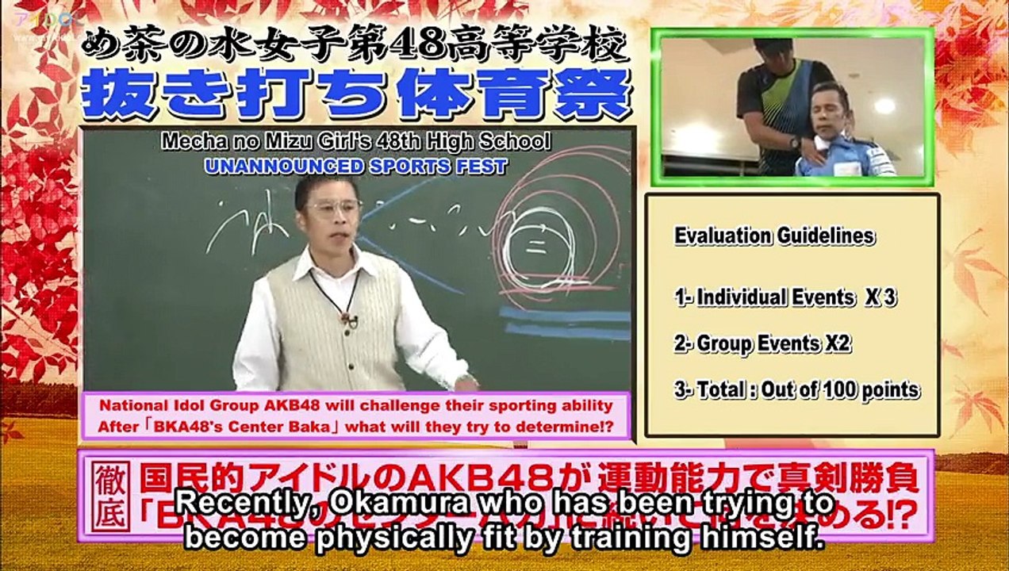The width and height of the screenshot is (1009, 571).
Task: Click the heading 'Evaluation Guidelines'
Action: [774, 236]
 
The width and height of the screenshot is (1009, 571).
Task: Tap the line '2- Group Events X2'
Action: [766, 343]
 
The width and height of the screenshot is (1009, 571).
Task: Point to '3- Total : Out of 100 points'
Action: [796, 389]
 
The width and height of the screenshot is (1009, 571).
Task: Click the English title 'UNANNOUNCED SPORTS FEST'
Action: [355, 166]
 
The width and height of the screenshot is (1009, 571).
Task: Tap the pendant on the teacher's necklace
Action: [347, 320]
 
